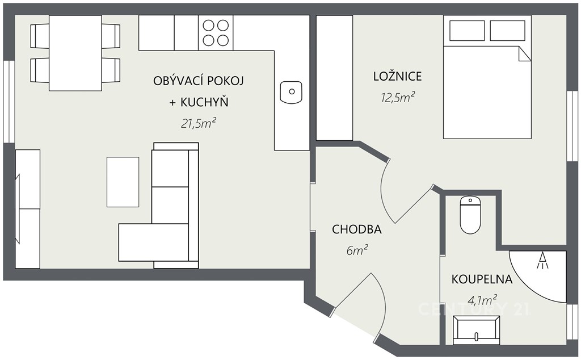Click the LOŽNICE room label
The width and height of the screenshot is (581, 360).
point(397,76)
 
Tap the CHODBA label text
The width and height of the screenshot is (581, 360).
point(356,229)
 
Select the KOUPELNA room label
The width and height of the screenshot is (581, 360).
point(482,279)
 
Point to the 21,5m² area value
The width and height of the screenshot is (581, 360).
point(198,123)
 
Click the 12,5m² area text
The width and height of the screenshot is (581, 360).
point(398,97)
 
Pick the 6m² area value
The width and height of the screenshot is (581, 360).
point(357,250)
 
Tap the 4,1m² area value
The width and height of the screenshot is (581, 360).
point(482,300)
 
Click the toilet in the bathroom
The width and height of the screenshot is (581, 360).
point(470,215)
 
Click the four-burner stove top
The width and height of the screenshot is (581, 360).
point(216,32)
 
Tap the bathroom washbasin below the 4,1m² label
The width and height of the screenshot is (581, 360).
point(477,330)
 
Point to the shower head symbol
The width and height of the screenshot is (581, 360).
point(543,260)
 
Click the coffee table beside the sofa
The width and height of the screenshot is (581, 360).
point(123,182)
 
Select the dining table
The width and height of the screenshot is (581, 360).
point(75,53)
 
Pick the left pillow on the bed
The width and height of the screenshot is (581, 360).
point(467,31)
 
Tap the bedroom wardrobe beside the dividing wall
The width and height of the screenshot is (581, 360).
point(334,78)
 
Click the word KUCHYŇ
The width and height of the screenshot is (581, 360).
point(204,102)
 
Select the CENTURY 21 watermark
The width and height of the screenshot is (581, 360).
point(474,309)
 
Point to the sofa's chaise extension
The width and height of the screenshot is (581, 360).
point(153,242)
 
